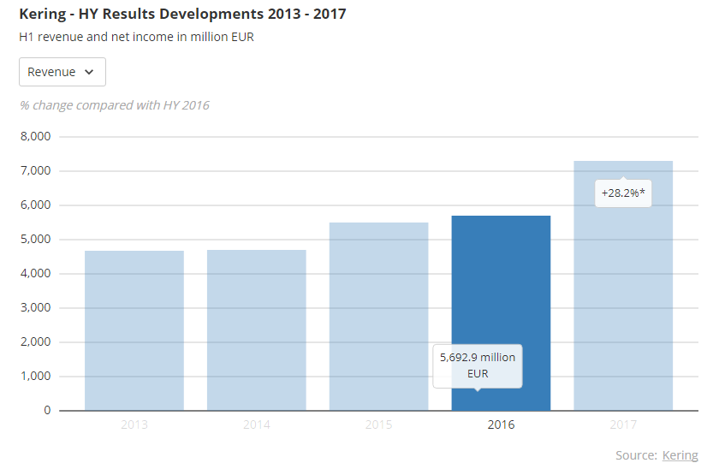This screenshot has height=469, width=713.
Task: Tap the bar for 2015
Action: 379,317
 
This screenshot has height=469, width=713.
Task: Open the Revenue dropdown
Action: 62,72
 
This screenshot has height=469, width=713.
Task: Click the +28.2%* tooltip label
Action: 623,193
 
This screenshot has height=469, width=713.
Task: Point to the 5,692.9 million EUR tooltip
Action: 478,365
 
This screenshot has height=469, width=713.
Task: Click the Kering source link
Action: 680,455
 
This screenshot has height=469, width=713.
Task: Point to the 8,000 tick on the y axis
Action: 35,136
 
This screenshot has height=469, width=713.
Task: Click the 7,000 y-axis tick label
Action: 35,170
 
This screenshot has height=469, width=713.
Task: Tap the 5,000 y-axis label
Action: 35,239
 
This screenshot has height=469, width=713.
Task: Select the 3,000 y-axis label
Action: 35,307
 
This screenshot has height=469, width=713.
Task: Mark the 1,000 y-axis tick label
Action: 35,376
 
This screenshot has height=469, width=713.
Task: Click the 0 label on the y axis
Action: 48,410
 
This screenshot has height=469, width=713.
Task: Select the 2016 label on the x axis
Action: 501,424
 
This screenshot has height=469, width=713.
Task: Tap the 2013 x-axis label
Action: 134,424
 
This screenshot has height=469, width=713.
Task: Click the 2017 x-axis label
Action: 623,424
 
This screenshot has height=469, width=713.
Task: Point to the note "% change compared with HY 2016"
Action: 114,105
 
